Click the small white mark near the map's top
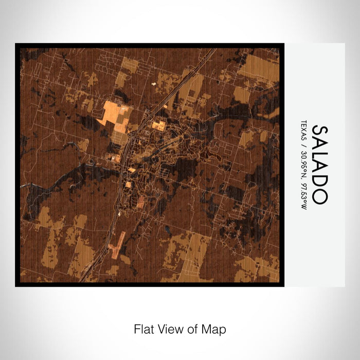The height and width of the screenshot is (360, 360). tap(153, 82)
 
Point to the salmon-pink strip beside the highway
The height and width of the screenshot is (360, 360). tap(117, 245)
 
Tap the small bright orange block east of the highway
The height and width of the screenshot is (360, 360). tap(159, 125)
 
